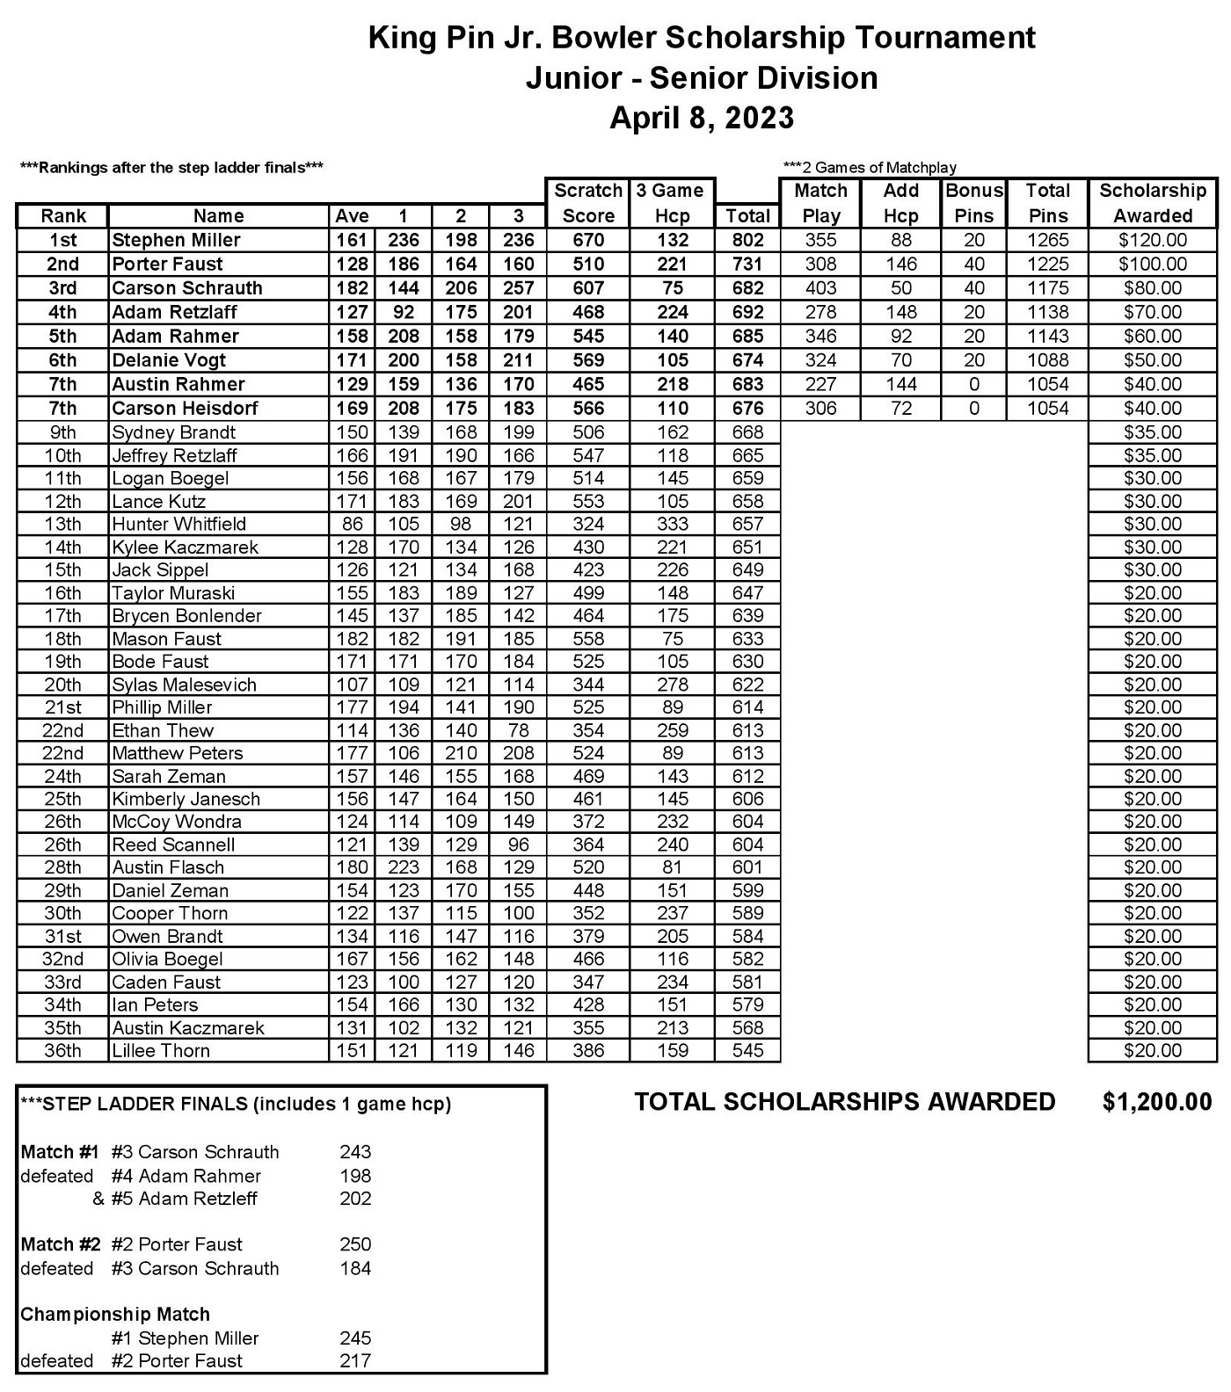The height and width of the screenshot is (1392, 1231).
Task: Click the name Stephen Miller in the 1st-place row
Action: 176,240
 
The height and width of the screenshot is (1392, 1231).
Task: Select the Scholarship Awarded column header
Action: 1152,203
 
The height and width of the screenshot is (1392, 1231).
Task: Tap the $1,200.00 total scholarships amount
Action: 1156,1102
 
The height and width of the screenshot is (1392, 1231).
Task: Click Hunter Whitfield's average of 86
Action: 352,525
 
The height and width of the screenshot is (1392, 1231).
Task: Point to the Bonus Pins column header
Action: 973,203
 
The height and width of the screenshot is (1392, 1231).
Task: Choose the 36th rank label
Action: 62,1051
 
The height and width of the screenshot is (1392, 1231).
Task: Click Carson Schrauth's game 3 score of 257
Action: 518,288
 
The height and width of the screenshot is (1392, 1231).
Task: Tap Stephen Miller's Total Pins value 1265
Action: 1047,240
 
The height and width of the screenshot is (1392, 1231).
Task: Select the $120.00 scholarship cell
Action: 1152,240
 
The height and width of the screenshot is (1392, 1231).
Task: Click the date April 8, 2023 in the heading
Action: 702,118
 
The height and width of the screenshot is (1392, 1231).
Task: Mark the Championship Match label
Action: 115,1315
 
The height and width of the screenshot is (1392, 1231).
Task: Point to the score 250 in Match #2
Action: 355,1244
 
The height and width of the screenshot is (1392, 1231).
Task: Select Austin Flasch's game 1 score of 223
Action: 403,867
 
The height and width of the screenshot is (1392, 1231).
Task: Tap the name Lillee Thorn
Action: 161,1051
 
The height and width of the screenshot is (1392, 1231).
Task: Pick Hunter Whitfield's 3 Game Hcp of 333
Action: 672,525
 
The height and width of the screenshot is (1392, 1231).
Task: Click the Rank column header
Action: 63,216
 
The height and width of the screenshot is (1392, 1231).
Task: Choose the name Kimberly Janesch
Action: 186,799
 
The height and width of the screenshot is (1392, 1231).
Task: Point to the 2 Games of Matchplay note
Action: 869,168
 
